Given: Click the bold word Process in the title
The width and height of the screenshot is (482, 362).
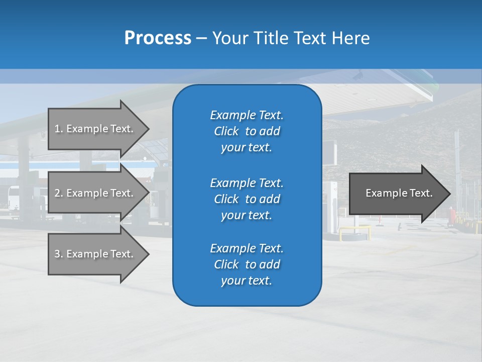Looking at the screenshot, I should (158, 38).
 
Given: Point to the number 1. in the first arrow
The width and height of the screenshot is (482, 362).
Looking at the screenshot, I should (59, 129).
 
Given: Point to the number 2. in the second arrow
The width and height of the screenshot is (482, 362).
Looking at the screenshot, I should (59, 193).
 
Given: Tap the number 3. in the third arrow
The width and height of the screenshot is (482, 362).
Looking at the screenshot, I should (59, 254).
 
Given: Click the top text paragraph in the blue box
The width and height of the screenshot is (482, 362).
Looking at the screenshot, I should (247, 131).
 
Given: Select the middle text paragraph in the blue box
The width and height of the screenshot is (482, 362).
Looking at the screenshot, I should (247, 199).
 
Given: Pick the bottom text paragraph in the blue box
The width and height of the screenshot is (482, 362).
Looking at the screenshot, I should (247, 264).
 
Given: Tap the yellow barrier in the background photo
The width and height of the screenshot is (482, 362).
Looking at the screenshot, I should (354, 231).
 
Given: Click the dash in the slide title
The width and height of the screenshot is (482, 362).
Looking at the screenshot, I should (201, 39).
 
